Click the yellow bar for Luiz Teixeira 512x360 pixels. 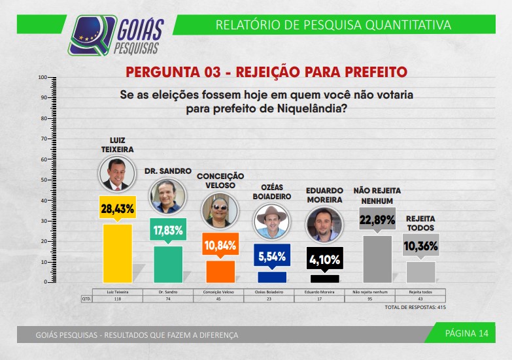click(118, 252)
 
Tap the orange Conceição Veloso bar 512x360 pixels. click(220, 270)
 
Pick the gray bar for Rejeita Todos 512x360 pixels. click(421, 271)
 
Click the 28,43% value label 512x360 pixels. click(118, 209)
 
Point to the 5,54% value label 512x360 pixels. click(271, 256)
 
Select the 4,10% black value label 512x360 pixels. click(324, 259)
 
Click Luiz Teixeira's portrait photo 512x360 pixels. click(117, 174)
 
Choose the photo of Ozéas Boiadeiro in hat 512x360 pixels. click(271, 223)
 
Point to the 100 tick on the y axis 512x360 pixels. click(43, 78)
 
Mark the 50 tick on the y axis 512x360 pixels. click(43, 180)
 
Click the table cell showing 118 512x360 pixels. click(118, 299)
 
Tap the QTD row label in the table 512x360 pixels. click(86, 299)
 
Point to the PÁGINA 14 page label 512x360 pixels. click(466, 333)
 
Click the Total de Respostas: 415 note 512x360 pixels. click(415, 307)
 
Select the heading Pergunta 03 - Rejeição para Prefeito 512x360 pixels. click(266, 71)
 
